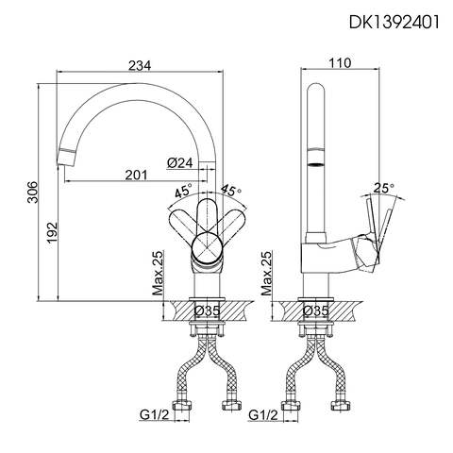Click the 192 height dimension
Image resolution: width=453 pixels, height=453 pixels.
(53, 231)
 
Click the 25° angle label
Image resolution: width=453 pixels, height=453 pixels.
(385, 187)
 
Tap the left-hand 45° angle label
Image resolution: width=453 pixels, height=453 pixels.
(183, 192)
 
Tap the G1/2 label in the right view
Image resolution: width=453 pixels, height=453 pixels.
(261, 414)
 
